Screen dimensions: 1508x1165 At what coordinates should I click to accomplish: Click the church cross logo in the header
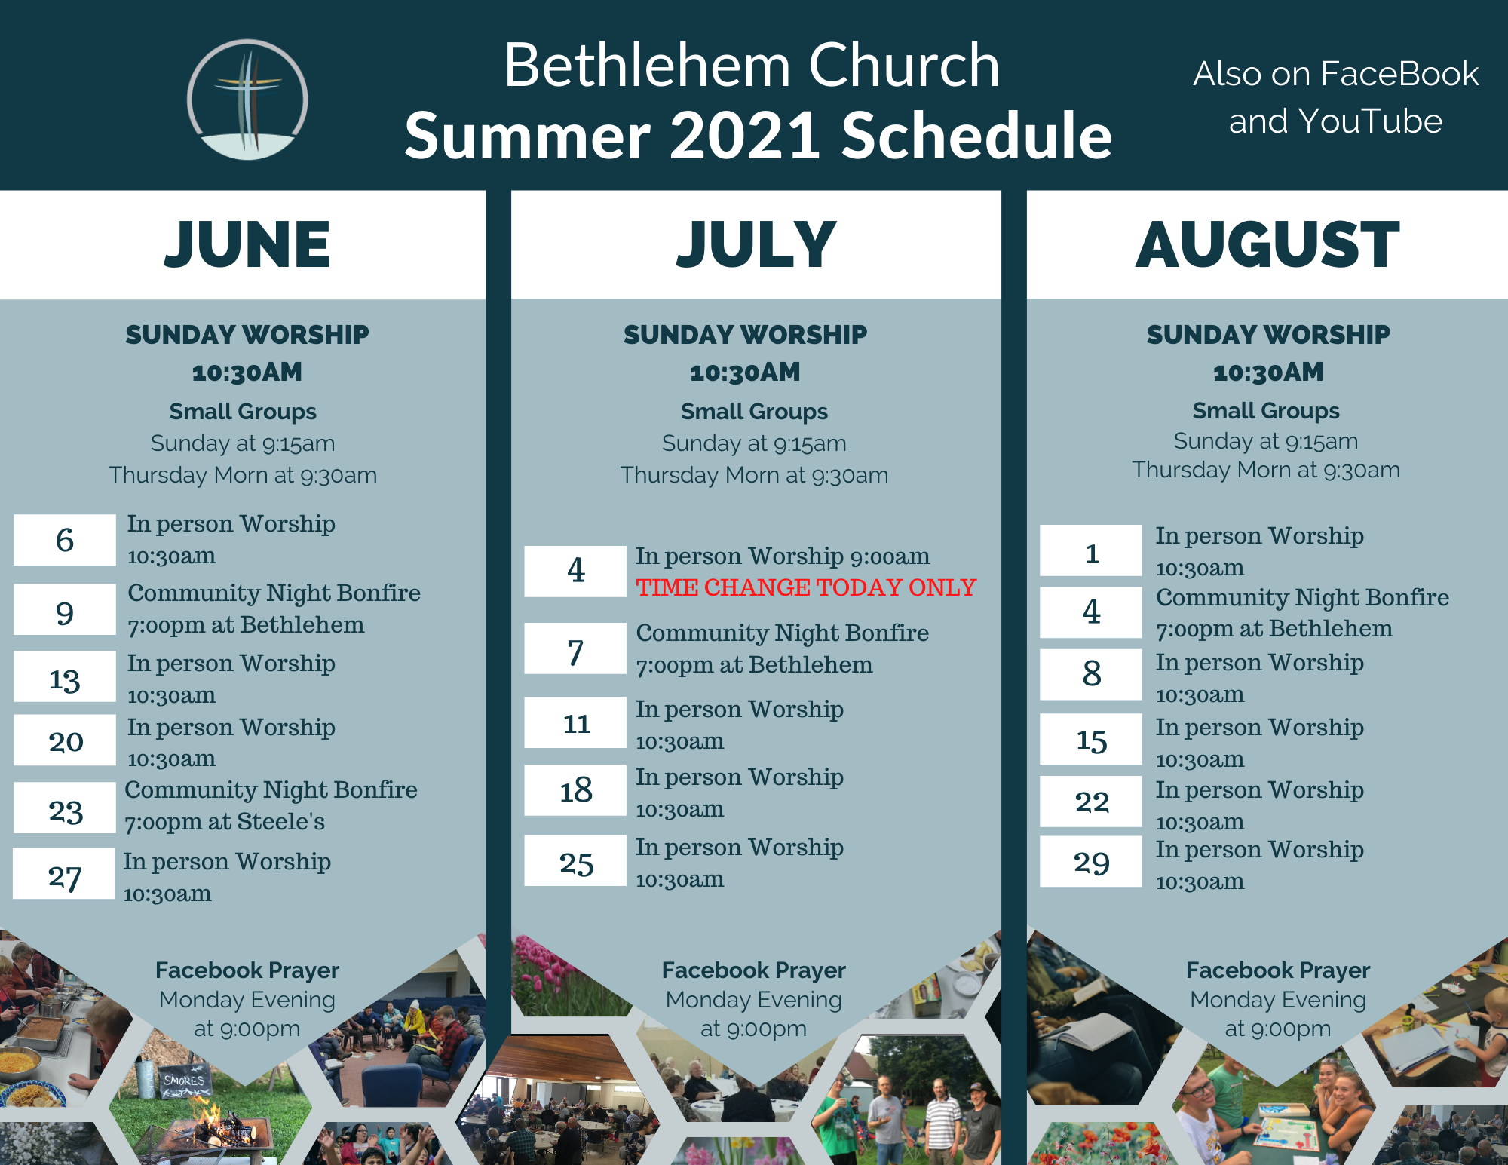(247, 100)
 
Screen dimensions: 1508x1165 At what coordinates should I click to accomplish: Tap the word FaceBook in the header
(1399, 74)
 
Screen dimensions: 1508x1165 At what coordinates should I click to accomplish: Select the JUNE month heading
(247, 244)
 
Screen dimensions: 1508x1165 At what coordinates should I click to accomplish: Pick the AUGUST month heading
(1267, 244)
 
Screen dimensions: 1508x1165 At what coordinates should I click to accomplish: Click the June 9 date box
(65, 609)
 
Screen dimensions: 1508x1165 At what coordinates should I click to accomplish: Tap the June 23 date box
(65, 808)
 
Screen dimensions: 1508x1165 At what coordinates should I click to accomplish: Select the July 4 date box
(575, 572)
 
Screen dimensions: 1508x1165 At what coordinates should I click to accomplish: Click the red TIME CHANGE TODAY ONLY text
(806, 587)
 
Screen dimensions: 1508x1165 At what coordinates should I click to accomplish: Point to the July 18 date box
(575, 790)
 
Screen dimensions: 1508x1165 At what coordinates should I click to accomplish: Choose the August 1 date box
(1091, 550)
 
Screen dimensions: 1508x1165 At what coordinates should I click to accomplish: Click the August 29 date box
(1091, 861)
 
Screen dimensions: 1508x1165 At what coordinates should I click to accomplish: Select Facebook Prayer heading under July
(754, 970)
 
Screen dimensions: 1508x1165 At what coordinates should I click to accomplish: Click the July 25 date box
(575, 860)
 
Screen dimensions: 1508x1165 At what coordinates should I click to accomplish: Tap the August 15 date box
(1091, 739)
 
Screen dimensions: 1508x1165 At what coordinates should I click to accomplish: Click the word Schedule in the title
(976, 136)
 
